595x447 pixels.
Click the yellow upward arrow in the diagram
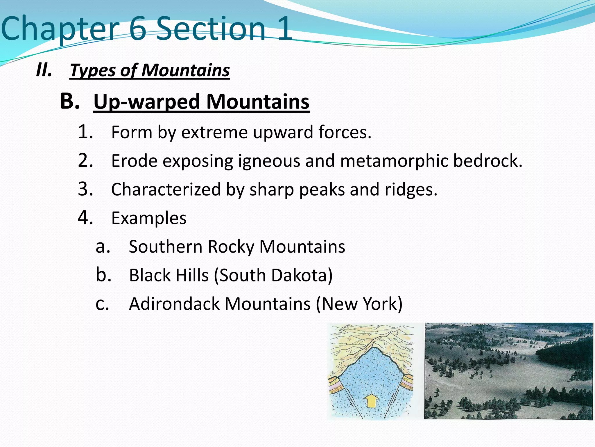pos(371,401)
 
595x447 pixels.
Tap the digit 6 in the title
pos(137,29)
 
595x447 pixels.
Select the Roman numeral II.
pos(44,70)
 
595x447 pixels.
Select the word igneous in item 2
pos(269,161)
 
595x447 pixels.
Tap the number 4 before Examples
pos(85,218)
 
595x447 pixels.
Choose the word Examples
pos(149,218)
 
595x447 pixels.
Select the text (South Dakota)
pos(273,275)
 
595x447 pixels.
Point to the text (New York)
pos(359,304)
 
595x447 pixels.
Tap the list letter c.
pos(102,304)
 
